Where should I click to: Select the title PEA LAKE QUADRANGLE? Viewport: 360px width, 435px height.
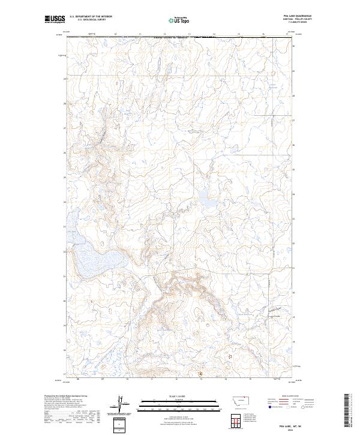click(x=302, y=16)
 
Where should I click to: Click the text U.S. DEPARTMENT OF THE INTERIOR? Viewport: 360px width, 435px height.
click(x=91, y=17)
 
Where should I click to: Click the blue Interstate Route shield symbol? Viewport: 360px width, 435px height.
click(x=267, y=406)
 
